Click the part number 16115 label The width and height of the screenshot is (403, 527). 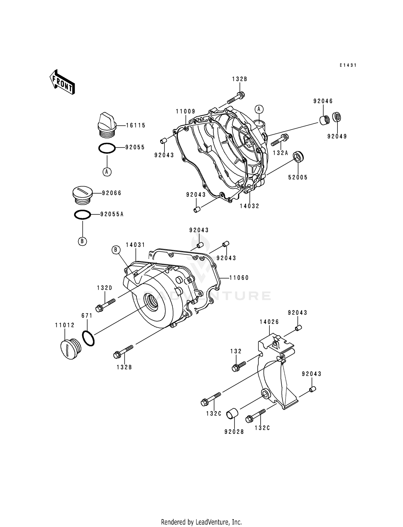pyautogui.click(x=136, y=125)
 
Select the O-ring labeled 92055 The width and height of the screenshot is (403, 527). pyautogui.click(x=107, y=148)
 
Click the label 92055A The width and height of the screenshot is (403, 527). pyautogui.click(x=112, y=214)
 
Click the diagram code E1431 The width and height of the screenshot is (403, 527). pyautogui.click(x=348, y=65)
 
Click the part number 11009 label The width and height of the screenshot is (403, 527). pyautogui.click(x=185, y=111)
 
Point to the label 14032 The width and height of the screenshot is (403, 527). pyautogui.click(x=249, y=206)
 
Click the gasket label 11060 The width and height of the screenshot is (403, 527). pyautogui.click(x=239, y=278)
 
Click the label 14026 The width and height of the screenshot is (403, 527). pyautogui.click(x=269, y=322)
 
